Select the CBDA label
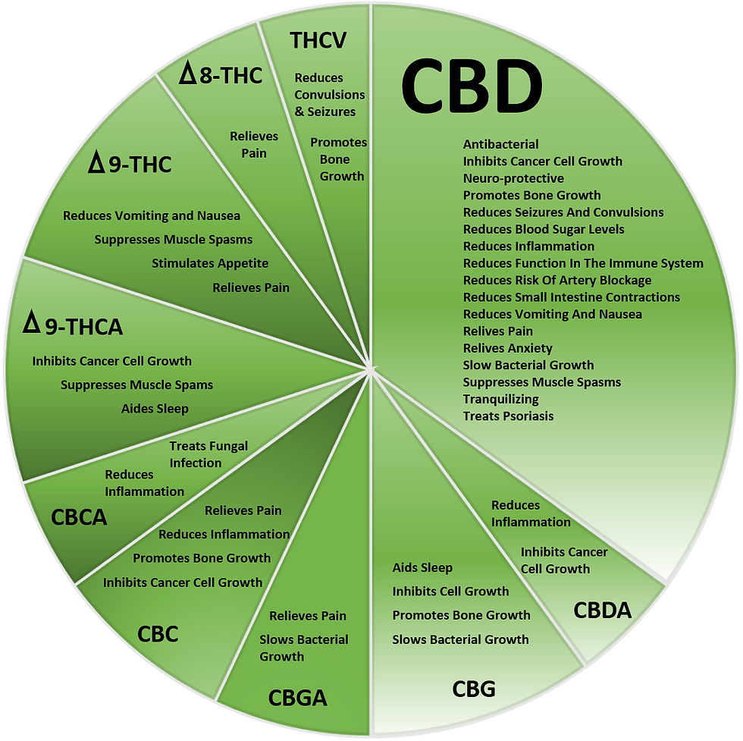tap(602, 610)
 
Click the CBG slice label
tap(474, 689)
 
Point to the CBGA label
tap(297, 698)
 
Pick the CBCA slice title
tap(79, 517)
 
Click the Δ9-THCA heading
tap(73, 327)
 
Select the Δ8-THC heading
tap(221, 75)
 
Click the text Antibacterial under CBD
tap(501, 144)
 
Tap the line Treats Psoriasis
tap(509, 416)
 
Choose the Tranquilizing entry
tap(501, 399)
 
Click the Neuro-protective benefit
tap(513, 178)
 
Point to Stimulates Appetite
tap(210, 263)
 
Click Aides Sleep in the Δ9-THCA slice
tap(155, 408)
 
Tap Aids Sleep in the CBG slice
tap(422, 567)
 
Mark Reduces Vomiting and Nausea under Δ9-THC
tap(152, 216)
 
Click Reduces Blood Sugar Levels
tap(544, 229)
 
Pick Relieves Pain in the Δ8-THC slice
tap(254, 145)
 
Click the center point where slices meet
tap(371, 370)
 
